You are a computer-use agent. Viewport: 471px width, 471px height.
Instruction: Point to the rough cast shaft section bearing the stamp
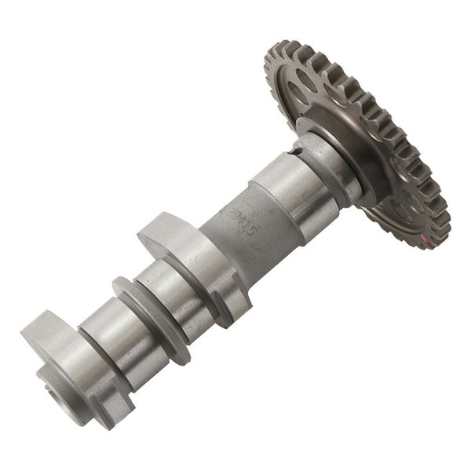pos(243,224)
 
